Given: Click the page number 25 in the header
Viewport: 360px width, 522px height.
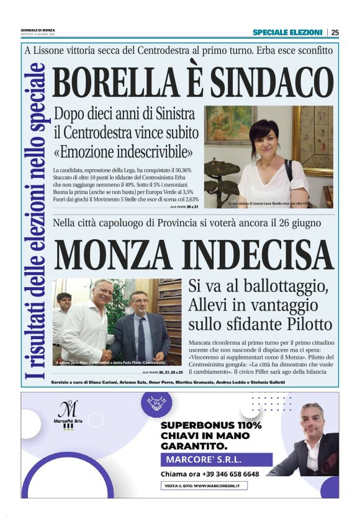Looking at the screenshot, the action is (x=335, y=32).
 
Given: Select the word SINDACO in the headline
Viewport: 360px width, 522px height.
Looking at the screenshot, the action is (x=271, y=83).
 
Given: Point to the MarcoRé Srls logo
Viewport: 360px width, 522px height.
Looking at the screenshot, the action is (x=68, y=416).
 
